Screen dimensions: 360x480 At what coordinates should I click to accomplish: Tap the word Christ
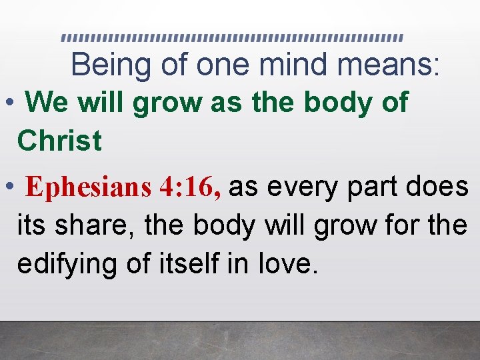[x=59, y=141]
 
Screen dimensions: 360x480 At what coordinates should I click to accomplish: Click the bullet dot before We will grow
[x=9, y=103]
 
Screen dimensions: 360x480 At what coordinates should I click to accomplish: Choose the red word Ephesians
[x=88, y=189]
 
